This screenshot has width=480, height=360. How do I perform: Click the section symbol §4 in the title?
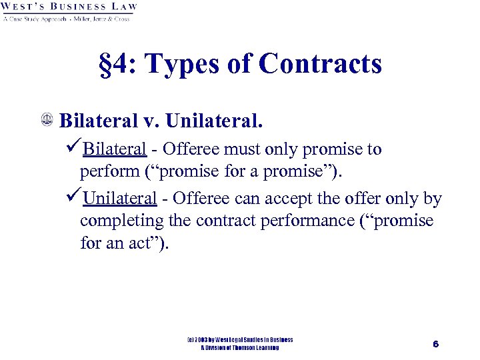(114, 65)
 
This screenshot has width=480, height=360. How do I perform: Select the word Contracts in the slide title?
(320, 65)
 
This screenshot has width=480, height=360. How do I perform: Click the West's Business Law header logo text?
(70, 9)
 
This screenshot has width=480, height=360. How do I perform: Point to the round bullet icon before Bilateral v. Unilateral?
(48, 121)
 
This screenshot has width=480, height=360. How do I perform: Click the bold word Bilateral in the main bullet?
(100, 121)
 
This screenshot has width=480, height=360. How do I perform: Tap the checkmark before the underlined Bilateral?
(74, 149)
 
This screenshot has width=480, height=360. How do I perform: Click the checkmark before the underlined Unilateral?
(74, 198)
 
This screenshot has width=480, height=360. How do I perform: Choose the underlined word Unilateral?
(120, 199)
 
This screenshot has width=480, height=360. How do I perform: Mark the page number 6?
(435, 344)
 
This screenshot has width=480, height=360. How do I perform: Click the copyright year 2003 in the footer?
(203, 340)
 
